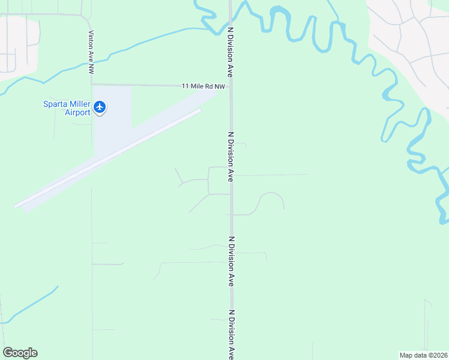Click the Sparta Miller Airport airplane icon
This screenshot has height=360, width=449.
100,107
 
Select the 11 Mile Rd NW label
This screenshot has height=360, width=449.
203,86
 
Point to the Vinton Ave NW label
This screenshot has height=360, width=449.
91,52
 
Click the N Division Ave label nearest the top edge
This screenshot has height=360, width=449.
229,51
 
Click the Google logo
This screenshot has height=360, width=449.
20,353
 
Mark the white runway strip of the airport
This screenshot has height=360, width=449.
108,158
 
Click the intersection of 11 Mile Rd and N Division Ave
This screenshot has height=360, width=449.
231,86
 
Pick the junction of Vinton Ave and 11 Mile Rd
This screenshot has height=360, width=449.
92,85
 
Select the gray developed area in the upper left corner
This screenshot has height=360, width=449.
15,45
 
